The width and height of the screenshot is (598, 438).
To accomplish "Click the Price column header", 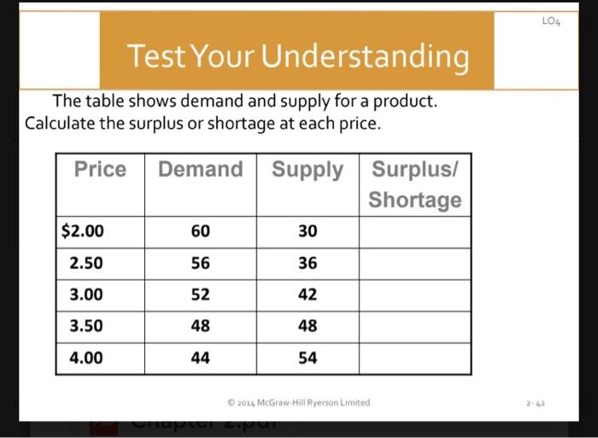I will pyautogui.click(x=100, y=169).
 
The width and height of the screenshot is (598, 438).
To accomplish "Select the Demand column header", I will pyautogui.click(x=200, y=169).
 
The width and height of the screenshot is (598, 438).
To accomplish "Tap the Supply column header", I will pyautogui.click(x=308, y=169).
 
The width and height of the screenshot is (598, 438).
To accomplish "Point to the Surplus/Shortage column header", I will pyautogui.click(x=415, y=184).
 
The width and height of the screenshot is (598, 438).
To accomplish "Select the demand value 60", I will pyautogui.click(x=200, y=231).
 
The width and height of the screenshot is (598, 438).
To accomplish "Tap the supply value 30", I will pyautogui.click(x=308, y=231).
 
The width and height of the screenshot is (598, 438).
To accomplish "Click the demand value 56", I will pyautogui.click(x=200, y=263).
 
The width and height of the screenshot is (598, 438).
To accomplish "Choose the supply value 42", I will pyautogui.click(x=308, y=295).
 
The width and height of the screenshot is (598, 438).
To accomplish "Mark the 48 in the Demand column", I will pyautogui.click(x=200, y=326).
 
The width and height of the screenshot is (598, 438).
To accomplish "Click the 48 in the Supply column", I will pyautogui.click(x=308, y=326).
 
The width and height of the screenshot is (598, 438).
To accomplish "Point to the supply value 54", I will pyautogui.click(x=308, y=358).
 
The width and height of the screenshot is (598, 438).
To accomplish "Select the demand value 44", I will pyautogui.click(x=200, y=358).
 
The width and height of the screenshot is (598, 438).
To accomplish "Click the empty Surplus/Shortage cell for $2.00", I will pyautogui.click(x=415, y=231).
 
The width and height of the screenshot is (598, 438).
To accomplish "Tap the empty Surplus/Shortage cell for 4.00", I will pyautogui.click(x=415, y=358).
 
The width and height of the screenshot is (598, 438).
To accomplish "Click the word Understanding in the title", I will pyautogui.click(x=365, y=57).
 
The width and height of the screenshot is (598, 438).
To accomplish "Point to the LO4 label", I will pyautogui.click(x=551, y=20).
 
